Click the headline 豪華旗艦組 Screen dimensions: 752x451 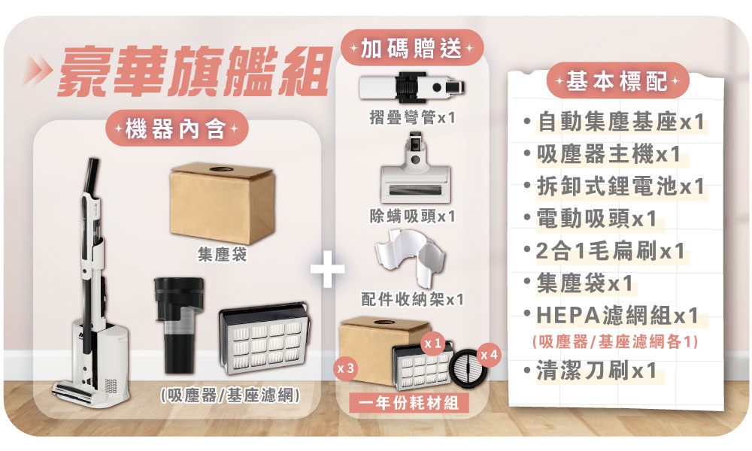coord(194,72)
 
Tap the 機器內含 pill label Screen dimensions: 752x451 coord(176,129)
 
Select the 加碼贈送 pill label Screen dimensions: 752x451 coord(411,47)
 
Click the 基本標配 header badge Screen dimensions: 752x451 coord(617,80)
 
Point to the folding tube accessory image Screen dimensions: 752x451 coord(412,86)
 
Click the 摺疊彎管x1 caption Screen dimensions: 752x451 coord(412,117)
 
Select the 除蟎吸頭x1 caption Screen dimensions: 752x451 coord(412,216)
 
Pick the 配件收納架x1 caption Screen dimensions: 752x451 coord(412,300)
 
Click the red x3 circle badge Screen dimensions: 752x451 coord(345,368)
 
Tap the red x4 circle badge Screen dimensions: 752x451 coord(490,355)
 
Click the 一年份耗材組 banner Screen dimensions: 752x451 coord(409,403)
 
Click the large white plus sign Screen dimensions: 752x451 coord(328,270)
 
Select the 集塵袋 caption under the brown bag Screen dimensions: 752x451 coord(222,254)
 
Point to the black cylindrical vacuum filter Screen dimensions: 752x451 coord(178,325)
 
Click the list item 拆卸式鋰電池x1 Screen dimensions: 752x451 coord(620,186)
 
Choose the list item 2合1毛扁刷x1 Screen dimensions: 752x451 coord(610,251)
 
